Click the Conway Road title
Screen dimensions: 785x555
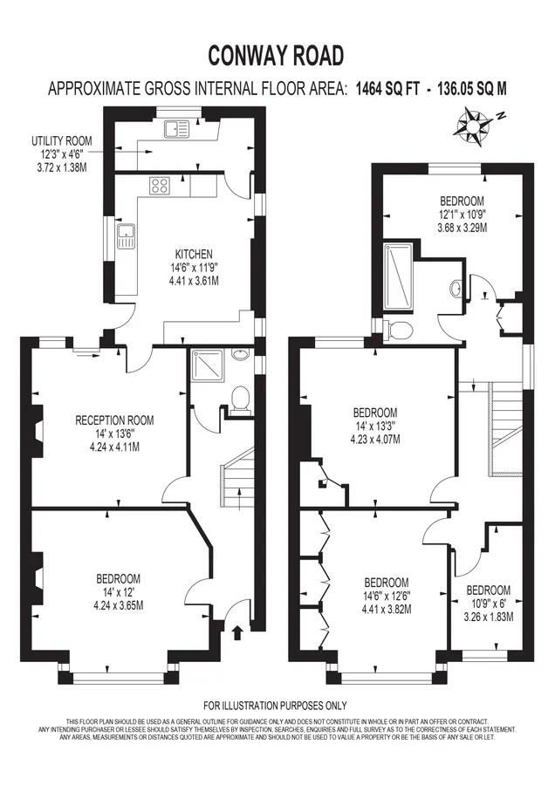coord(276,56)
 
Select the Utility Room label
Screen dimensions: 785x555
coord(61,153)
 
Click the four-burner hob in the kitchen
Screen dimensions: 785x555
coord(161,185)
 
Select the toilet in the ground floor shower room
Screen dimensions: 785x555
coord(240,399)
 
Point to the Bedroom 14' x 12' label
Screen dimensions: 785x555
coord(119,591)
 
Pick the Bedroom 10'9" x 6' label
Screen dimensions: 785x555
coord(488,603)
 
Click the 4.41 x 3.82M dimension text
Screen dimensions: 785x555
coord(386,610)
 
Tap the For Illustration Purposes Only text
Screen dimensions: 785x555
coord(275,706)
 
